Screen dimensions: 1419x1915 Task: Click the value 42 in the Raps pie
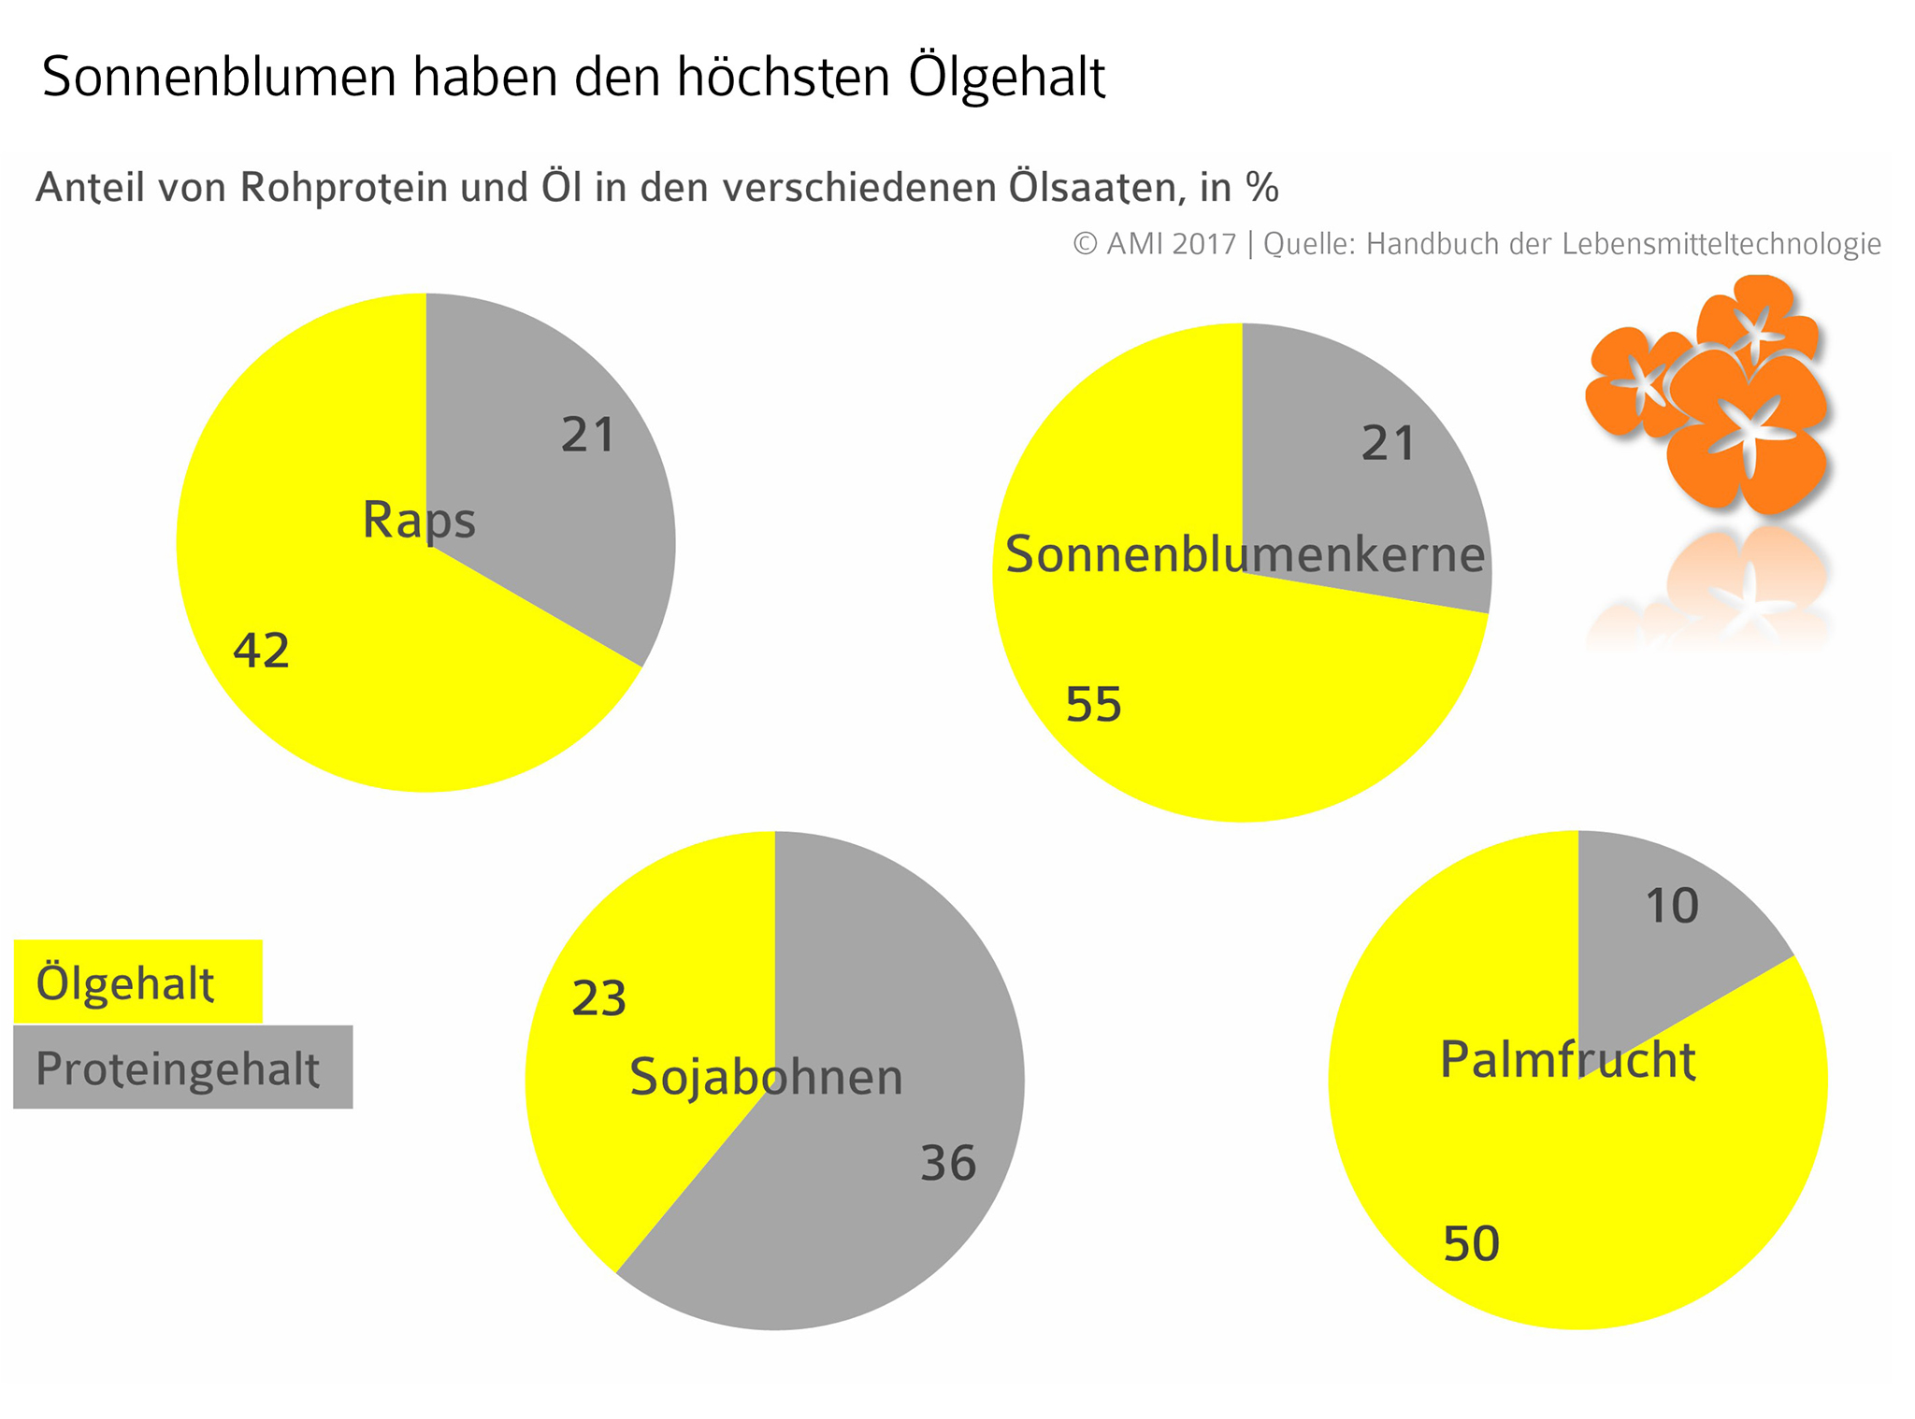pos(262,651)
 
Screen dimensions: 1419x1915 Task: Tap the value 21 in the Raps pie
pos(588,435)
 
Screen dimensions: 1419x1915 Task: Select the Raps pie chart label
pos(419,520)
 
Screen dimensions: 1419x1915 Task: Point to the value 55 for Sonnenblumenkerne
pos(1093,704)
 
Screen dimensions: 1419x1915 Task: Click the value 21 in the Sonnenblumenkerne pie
pos(1389,443)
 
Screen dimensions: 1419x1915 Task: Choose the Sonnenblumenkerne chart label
pos(1245,554)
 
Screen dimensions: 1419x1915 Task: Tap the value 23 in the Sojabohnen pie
pos(598,998)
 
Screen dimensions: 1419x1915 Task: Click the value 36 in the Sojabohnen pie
pos(948,1163)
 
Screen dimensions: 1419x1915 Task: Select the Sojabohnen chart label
pos(766,1077)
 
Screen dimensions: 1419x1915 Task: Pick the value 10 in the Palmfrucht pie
pos(1672,906)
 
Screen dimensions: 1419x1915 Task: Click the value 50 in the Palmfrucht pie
pos(1471,1243)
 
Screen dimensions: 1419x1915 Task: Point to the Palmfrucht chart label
pos(1567,1060)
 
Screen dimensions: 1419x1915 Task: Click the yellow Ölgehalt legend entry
pos(137,982)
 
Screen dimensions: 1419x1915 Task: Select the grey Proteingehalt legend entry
pos(182,1068)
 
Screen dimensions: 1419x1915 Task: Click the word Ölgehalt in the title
pos(1007,77)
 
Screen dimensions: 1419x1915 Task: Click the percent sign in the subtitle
pos(1261,188)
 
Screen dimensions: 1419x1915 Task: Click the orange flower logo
pos(1710,393)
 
